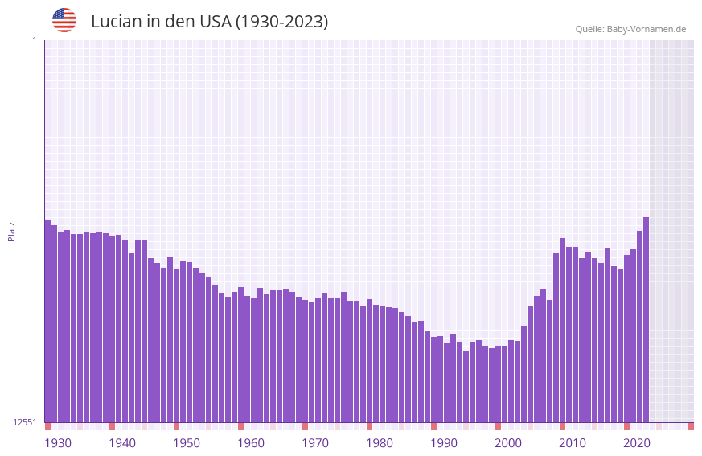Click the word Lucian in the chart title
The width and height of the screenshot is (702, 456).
(116, 22)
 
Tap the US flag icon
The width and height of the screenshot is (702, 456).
(64, 20)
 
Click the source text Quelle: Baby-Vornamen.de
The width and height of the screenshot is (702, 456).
(630, 29)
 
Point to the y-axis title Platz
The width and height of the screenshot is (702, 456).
(11, 231)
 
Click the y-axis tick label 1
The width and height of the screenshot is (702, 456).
(34, 40)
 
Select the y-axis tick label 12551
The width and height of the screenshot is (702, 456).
(25, 422)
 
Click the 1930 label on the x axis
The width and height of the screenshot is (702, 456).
(58, 443)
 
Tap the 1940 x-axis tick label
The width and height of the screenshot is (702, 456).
(122, 443)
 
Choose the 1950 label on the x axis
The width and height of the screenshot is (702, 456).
(187, 443)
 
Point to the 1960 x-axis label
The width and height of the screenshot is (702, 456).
(251, 443)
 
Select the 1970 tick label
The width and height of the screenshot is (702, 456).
(315, 443)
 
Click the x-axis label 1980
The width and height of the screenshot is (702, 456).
(380, 443)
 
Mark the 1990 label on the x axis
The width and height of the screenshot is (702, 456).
(444, 443)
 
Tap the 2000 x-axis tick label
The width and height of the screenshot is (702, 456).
(508, 443)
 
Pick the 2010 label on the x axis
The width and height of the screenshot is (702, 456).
(573, 443)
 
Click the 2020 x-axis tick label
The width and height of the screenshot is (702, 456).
(637, 443)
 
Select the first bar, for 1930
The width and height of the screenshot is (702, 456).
(47, 322)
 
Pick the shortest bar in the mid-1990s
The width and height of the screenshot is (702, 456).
(466, 387)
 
